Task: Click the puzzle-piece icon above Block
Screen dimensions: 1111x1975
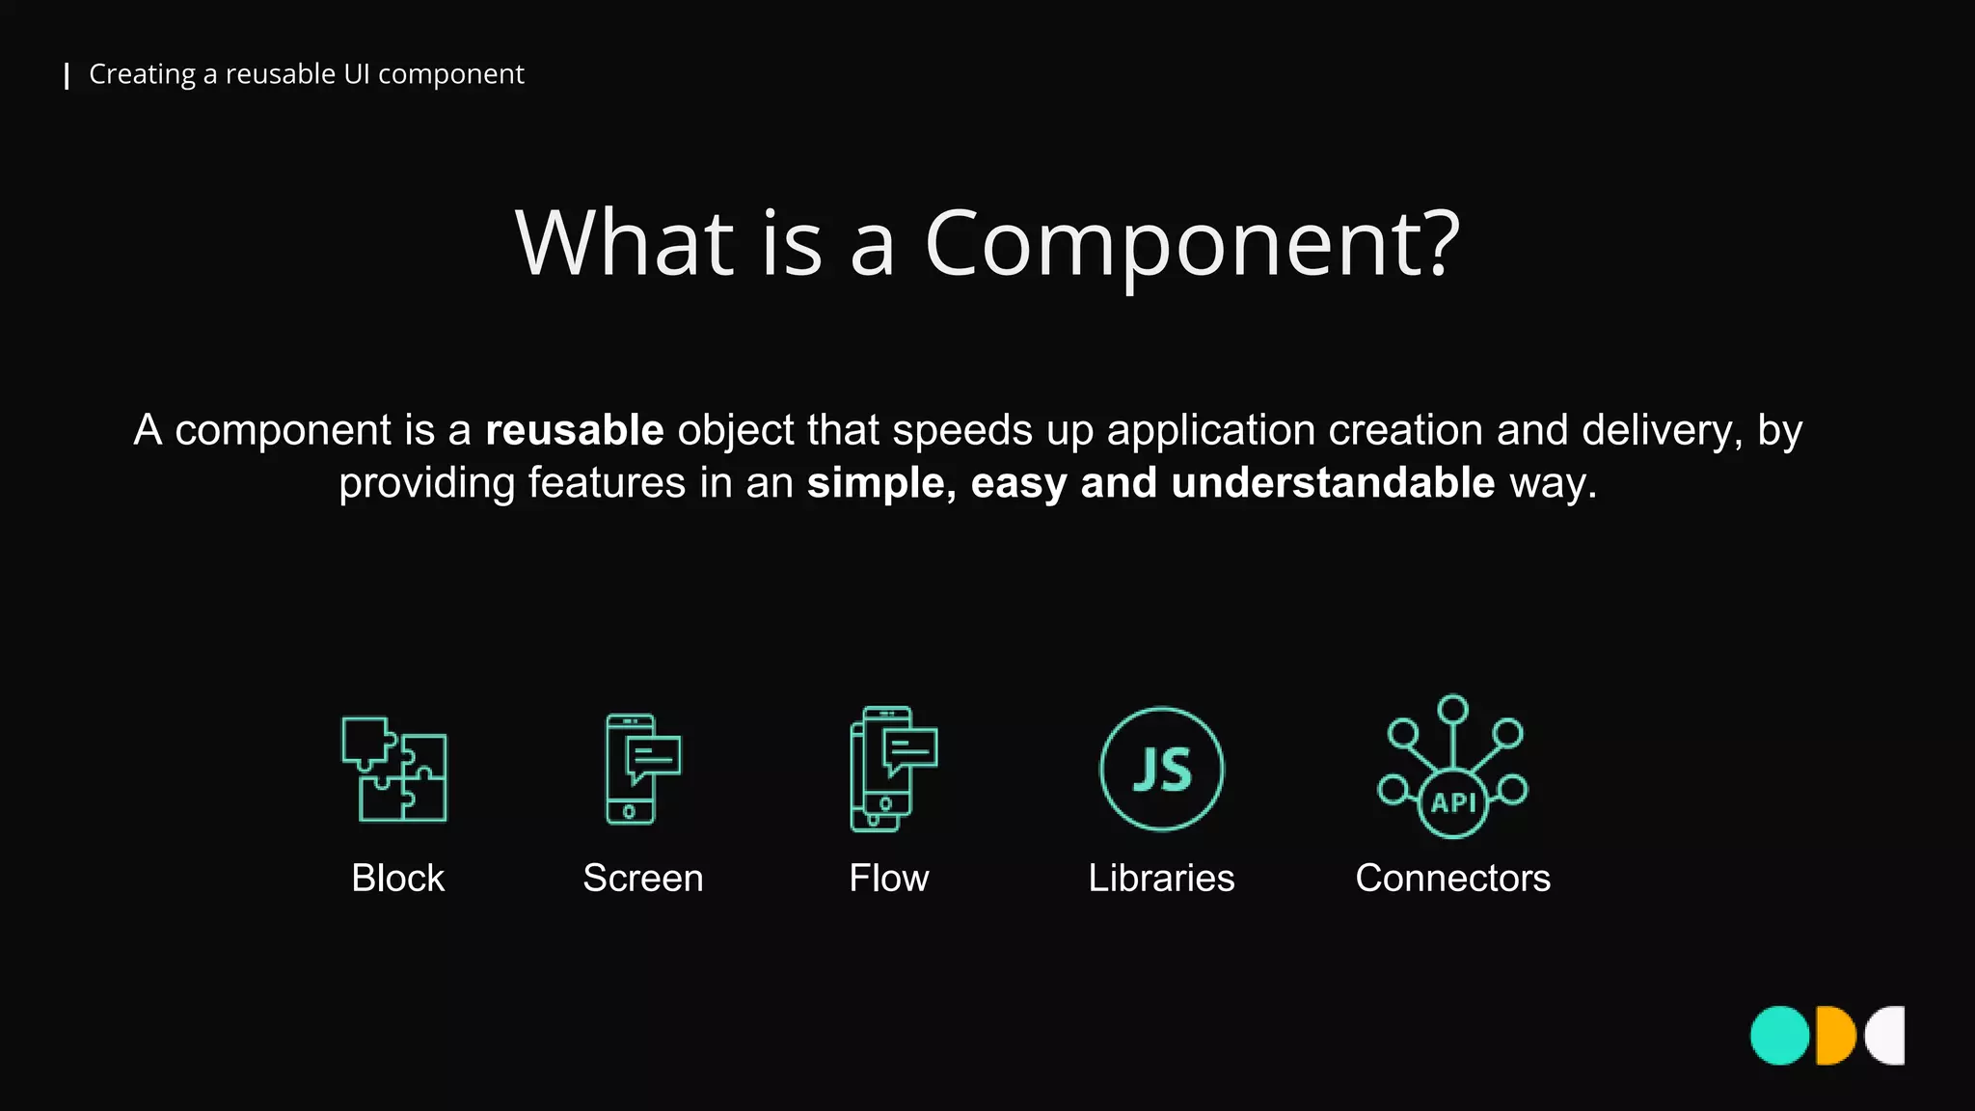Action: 394,769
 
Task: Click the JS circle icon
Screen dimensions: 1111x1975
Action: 1162,769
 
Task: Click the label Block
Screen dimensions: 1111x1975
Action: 397,879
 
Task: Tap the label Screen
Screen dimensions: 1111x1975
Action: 643,879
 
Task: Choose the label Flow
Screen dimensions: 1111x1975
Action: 888,879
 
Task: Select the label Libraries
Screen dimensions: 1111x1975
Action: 1161,879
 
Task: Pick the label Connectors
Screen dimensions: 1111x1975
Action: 1452,879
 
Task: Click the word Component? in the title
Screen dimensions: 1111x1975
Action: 1192,245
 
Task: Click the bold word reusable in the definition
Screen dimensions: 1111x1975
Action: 575,430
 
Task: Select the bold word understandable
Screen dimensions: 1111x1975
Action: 1333,482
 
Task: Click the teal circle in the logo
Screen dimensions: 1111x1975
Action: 1779,1036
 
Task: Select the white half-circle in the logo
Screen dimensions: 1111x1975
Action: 1888,1036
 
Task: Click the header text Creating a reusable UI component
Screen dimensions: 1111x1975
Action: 307,74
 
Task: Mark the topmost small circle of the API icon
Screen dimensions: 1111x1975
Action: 1452,710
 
